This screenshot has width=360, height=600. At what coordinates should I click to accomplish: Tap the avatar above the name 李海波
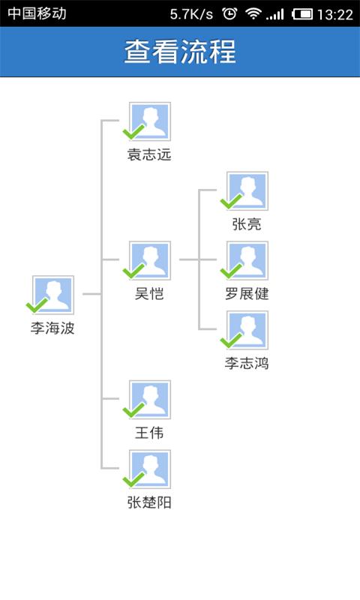pyautogui.click(x=54, y=295)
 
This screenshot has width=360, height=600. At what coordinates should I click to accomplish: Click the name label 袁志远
pyautogui.click(x=149, y=155)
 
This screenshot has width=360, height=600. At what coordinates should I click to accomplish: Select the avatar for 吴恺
pyautogui.click(x=151, y=260)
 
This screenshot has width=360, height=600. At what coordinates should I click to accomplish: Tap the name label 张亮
pyautogui.click(x=247, y=224)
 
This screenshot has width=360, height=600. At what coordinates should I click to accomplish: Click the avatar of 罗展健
pyautogui.click(x=247, y=260)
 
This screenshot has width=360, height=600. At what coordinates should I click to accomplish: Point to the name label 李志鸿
pyautogui.click(x=247, y=364)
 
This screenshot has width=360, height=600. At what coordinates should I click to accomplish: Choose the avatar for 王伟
pyautogui.click(x=151, y=399)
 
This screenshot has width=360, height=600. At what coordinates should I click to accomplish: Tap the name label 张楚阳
pyautogui.click(x=149, y=502)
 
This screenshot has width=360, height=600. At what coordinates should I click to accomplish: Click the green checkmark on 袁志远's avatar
pyautogui.click(x=133, y=133)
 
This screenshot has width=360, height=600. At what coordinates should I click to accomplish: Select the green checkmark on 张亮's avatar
pyautogui.click(x=230, y=202)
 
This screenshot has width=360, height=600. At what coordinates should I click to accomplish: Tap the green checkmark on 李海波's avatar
pyautogui.click(x=37, y=305)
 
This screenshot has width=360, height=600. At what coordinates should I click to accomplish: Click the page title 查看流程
pyautogui.click(x=180, y=52)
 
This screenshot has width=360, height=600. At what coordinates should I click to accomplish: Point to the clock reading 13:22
pyautogui.click(x=335, y=13)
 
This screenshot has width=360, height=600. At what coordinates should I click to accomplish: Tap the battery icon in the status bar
pyautogui.click(x=302, y=13)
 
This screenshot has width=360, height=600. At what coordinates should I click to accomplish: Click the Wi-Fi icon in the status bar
pyautogui.click(x=253, y=13)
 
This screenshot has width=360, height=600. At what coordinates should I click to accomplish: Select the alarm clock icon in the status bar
pyautogui.click(x=230, y=13)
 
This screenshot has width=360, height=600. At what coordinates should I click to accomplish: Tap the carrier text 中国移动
pyautogui.click(x=37, y=13)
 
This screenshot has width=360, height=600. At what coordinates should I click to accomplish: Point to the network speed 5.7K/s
pyautogui.click(x=191, y=13)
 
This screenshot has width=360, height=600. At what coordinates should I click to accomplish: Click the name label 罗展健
pyautogui.click(x=247, y=294)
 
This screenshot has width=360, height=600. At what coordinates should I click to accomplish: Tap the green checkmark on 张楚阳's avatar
pyautogui.click(x=133, y=480)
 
